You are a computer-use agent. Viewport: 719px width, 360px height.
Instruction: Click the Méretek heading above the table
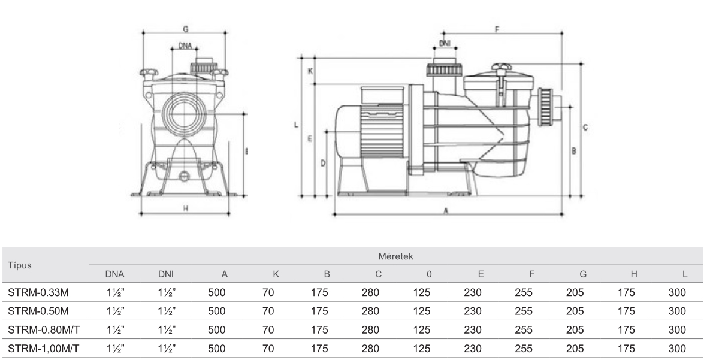[395, 256]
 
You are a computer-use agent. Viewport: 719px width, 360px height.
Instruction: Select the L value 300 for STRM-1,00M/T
[677, 346]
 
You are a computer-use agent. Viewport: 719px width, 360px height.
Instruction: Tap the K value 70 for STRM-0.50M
[268, 311]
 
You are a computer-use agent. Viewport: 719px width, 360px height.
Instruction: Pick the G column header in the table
[583, 274]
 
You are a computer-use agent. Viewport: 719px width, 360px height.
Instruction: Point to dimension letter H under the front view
[186, 208]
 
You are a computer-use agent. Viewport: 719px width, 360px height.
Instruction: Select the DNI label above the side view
[445, 43]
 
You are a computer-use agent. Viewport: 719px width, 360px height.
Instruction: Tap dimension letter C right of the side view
[585, 128]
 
